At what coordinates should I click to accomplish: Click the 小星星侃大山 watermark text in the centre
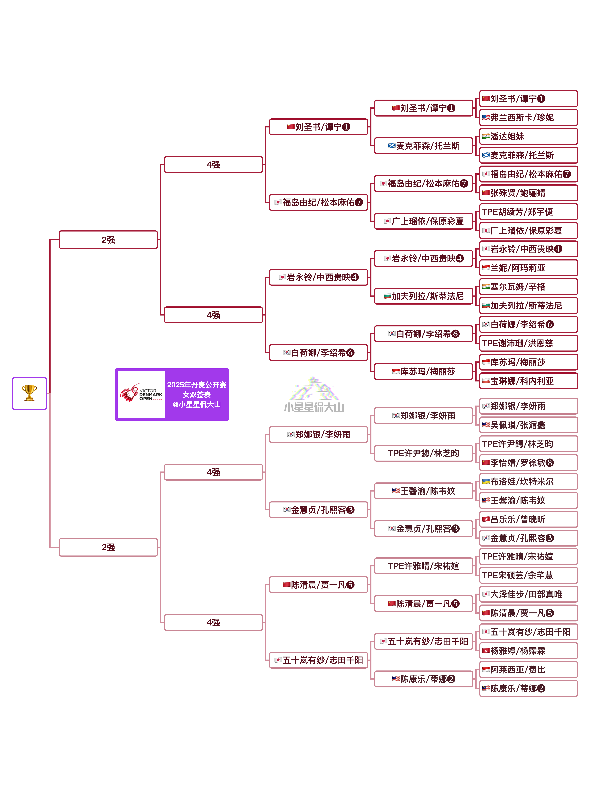314,407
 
